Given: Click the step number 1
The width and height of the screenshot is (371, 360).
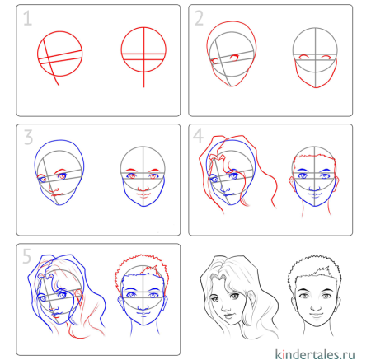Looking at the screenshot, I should [x=28, y=18].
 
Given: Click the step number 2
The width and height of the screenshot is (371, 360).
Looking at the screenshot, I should [x=199, y=18].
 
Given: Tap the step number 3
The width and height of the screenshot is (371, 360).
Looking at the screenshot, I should [x=28, y=137].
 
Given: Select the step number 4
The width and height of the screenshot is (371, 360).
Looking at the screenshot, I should [x=199, y=137].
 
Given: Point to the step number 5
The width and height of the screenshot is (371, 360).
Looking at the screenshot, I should [x=28, y=256].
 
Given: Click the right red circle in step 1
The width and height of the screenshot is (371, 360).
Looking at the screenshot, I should [x=143, y=54].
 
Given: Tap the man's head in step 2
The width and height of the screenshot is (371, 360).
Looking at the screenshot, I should [x=317, y=58].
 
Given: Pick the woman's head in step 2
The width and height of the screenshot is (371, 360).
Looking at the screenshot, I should [x=232, y=58].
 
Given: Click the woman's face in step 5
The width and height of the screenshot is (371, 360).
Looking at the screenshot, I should [x=59, y=301].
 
